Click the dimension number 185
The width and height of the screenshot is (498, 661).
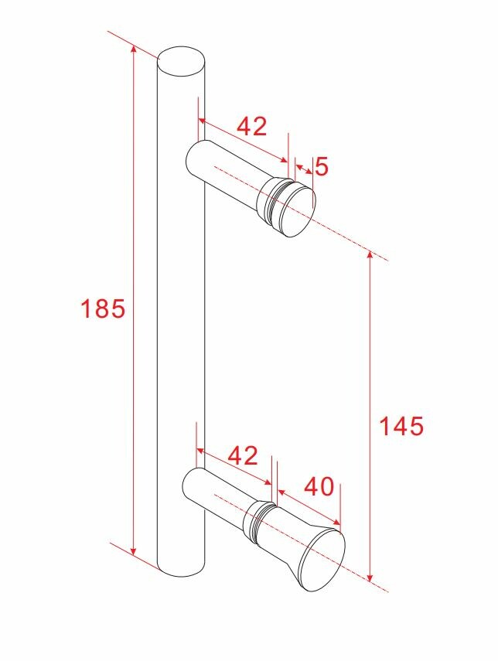coord(103,309)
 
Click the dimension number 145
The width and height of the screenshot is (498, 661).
coord(401,426)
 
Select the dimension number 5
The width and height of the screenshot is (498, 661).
coord(322,166)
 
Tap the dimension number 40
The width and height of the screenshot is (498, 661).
coord(319,487)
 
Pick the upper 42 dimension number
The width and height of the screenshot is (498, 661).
coord(251,126)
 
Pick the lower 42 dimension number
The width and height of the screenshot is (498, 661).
coord(243,456)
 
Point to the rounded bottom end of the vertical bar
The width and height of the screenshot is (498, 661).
coord(182,568)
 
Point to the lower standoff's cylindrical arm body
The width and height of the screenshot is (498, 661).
coord(217,496)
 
